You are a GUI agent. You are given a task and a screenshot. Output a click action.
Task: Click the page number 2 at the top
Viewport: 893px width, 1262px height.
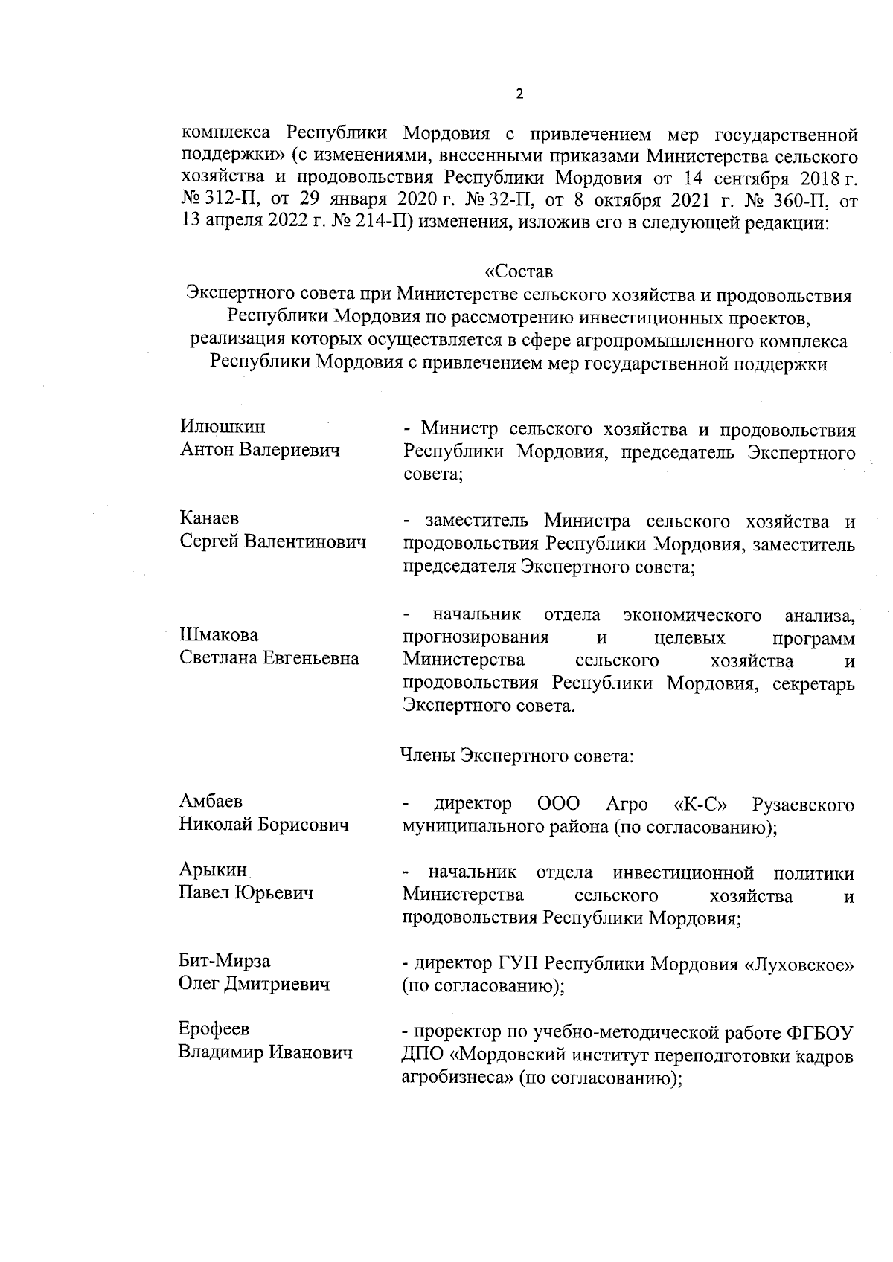pyautogui.click(x=519, y=94)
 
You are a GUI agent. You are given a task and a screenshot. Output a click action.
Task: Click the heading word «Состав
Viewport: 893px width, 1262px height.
pyautogui.click(x=519, y=271)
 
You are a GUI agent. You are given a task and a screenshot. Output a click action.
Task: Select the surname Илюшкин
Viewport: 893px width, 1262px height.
pyautogui.click(x=223, y=427)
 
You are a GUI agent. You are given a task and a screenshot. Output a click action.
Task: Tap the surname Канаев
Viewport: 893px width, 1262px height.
pyautogui.click(x=209, y=518)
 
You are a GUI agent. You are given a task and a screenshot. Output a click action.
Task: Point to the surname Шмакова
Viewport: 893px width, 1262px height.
pyautogui.click(x=219, y=635)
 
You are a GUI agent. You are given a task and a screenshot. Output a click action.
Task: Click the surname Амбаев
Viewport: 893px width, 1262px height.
pyautogui.click(x=211, y=801)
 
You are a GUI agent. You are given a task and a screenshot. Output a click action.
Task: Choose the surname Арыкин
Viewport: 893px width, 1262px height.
pyautogui.click(x=212, y=869)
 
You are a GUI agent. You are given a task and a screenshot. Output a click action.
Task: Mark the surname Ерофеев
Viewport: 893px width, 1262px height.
pyautogui.click(x=214, y=1029)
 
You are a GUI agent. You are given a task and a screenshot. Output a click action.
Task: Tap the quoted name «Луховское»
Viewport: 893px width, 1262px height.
pyautogui.click(x=799, y=965)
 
